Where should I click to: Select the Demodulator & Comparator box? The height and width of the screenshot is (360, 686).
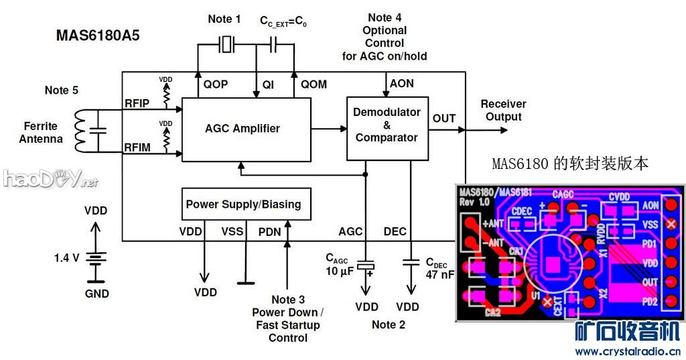(387, 125)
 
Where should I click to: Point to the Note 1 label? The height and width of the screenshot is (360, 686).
(224, 19)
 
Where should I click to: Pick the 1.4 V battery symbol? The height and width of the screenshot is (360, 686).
(97, 257)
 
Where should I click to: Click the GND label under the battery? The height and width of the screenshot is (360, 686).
(97, 294)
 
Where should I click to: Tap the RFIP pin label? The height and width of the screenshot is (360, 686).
(137, 103)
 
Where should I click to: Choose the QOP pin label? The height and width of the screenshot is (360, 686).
(216, 84)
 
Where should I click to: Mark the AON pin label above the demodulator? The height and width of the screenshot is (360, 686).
(401, 84)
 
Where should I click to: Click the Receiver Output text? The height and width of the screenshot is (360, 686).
(503, 110)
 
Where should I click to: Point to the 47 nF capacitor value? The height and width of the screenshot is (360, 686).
(439, 274)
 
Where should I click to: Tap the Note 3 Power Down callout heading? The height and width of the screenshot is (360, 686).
(288, 300)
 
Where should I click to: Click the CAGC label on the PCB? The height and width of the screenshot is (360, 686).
(563, 194)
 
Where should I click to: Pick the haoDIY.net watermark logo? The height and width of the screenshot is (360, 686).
(50, 178)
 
